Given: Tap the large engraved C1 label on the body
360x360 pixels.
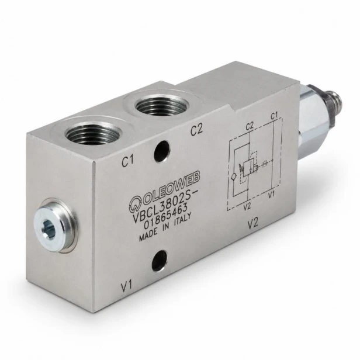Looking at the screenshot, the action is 128,161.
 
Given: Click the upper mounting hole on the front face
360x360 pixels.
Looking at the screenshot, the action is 162,151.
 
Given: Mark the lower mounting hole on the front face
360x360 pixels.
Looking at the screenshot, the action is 159,261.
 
